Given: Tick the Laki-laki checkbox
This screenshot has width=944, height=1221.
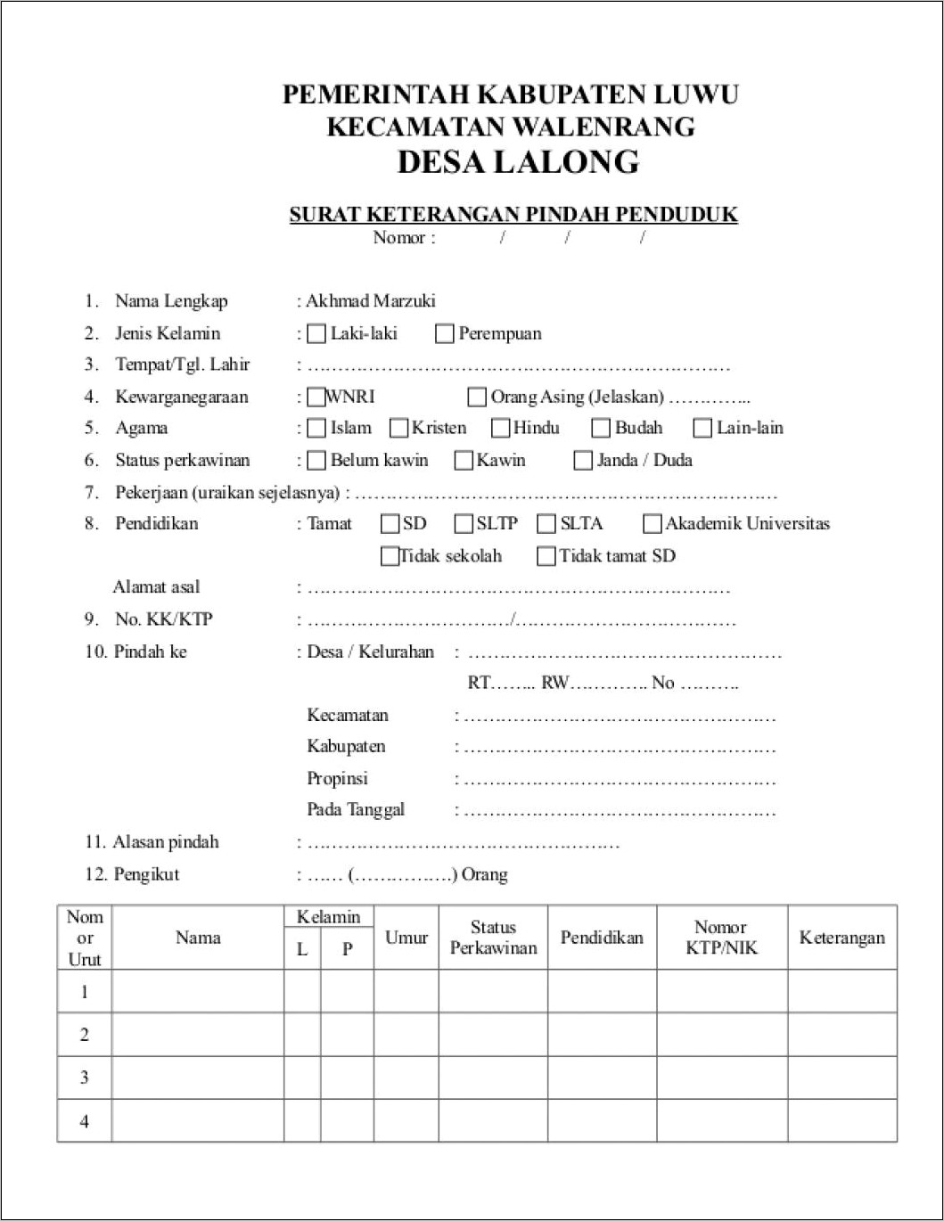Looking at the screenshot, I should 316,334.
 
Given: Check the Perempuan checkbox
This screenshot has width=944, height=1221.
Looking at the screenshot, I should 444,334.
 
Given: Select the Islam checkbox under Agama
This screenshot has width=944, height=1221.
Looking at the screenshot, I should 316,429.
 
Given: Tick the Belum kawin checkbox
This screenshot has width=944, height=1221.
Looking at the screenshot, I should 316,461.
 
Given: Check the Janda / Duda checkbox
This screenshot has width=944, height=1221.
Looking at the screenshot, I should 582,461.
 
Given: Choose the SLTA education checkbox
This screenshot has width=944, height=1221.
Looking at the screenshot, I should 546,524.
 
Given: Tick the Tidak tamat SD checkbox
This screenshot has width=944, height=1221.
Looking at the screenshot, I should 546,556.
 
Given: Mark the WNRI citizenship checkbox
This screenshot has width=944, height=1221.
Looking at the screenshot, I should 316,397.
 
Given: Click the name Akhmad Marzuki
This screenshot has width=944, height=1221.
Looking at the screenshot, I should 371,301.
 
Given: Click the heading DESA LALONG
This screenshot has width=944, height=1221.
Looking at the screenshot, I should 518,162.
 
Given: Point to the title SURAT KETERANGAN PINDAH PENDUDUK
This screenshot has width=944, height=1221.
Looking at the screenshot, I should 513,215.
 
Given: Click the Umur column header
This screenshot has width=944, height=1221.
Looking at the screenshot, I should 406,938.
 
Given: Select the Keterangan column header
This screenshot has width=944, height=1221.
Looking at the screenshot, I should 841,938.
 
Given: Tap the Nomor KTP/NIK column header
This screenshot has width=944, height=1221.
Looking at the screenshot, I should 721,938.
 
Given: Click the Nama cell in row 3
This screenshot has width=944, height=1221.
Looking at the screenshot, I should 198,1078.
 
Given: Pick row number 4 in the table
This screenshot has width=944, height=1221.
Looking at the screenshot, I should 85,1121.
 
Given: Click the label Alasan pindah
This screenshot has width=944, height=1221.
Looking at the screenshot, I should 166,842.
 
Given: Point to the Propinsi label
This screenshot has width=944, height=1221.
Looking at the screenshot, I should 337,779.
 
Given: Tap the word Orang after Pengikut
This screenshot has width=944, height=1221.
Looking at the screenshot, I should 485,874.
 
